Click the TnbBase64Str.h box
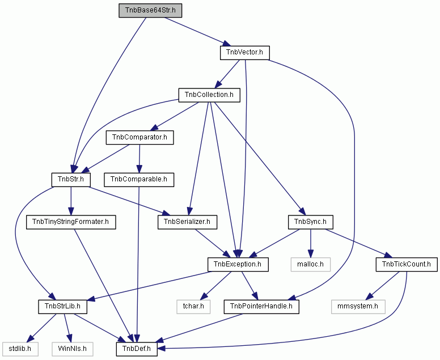[150, 11]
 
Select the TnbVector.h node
[245, 53]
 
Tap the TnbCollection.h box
[209, 95]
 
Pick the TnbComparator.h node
[139, 138]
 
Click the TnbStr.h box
[71, 180]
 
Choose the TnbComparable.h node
[139, 180]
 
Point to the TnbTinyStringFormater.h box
[71, 222]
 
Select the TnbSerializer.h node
[187, 222]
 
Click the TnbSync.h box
[311, 222]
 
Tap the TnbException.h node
[238, 264]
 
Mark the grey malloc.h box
[311, 264]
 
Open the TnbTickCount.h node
[407, 264]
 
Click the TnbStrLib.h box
[62, 306]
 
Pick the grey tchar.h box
[193, 306]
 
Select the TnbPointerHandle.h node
[261, 306]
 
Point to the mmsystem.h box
[358, 306]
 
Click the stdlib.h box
[20, 349]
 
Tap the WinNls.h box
[73, 349]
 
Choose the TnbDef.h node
[137, 349]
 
